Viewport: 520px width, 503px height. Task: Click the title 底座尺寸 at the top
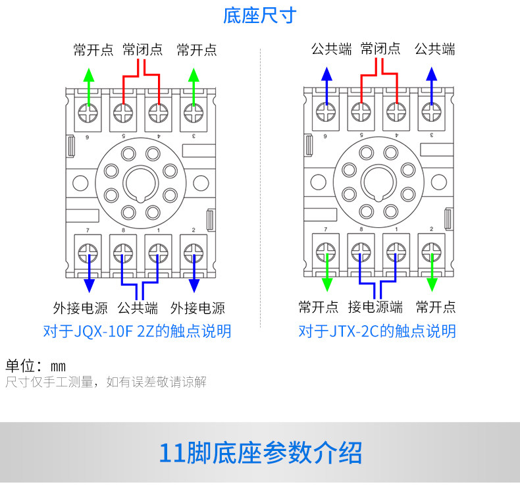(260, 16)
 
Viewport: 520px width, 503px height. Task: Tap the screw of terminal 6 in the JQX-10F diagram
(88, 113)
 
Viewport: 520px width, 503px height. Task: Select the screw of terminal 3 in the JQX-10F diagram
(192, 113)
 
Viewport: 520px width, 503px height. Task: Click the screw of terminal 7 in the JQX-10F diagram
(88, 252)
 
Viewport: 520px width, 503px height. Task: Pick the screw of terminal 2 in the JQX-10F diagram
(192, 252)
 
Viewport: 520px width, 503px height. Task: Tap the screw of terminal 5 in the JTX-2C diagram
(360, 113)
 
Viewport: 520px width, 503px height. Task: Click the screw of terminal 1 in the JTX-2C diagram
(396, 252)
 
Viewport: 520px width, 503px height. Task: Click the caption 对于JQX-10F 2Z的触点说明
(137, 331)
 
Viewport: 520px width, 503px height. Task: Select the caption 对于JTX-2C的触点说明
(377, 331)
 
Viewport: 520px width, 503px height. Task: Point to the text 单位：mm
(36, 366)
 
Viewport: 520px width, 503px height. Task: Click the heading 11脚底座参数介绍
(260, 453)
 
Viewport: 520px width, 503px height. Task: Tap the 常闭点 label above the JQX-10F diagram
(143, 50)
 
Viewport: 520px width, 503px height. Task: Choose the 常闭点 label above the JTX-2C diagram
(380, 49)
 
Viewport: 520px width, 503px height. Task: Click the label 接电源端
(376, 307)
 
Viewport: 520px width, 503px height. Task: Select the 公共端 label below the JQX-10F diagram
(138, 307)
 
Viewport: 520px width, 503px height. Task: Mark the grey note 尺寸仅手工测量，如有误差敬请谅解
(106, 382)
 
